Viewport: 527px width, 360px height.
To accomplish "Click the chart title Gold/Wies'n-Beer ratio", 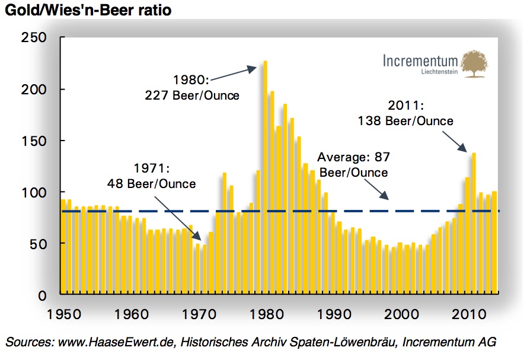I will [x=88, y=10].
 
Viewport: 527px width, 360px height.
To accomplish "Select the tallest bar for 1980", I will [x=265, y=178].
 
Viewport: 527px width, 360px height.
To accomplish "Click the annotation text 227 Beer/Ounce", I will [x=193, y=95].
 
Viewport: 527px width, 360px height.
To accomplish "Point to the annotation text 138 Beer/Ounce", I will [x=406, y=120].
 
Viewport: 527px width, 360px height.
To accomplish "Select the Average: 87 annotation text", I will [x=353, y=158].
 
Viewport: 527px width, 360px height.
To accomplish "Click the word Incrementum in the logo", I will [x=420, y=61].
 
